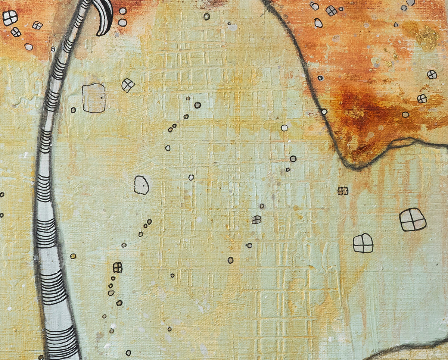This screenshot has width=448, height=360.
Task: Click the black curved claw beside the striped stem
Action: [x=106, y=17]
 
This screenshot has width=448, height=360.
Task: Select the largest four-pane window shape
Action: [x=413, y=219]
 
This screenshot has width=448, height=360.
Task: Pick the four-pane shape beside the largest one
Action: [x=363, y=243]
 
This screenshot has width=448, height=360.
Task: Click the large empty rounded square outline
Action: [x=94, y=98]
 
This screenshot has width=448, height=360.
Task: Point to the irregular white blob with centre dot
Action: [x=141, y=185]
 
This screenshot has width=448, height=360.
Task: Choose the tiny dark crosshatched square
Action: [x=343, y=191]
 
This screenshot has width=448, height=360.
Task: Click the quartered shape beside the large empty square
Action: [x=128, y=85]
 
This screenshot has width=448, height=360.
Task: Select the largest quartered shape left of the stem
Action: [x=10, y=18]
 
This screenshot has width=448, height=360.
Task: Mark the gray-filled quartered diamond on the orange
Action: [x=331, y=11]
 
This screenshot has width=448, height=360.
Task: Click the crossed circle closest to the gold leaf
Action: [x=432, y=74]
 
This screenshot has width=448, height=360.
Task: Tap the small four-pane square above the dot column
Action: [x=118, y=267]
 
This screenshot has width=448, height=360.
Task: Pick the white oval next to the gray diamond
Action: [x=318, y=23]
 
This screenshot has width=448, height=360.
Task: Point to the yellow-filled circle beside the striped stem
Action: [x=73, y=256]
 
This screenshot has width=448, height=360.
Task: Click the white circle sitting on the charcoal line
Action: [x=324, y=112]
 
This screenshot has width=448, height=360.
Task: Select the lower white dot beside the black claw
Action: [x=122, y=23]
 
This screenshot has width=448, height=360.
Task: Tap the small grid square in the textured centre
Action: [x=256, y=220]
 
